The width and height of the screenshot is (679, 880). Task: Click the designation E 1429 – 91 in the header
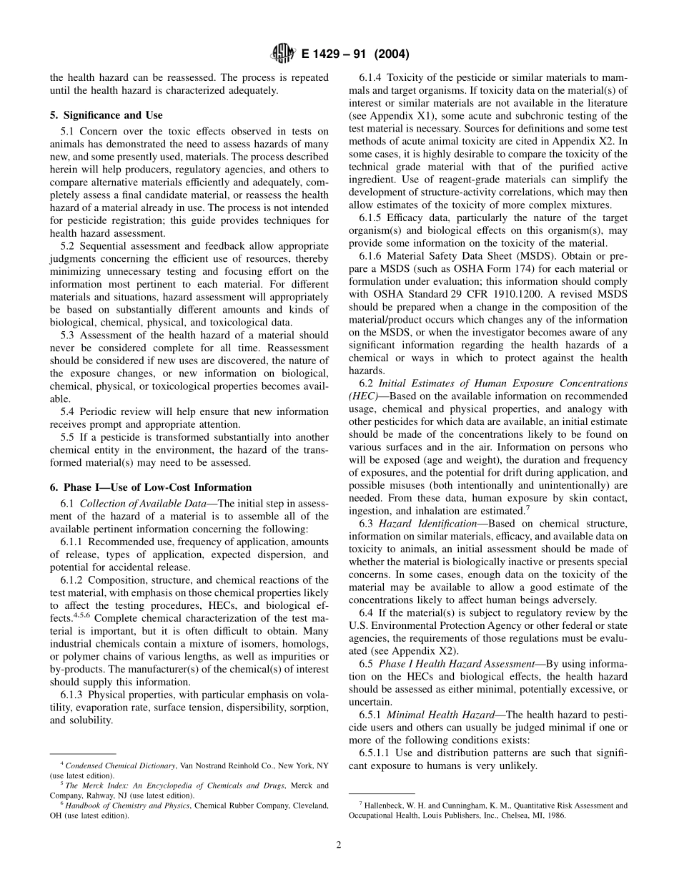pyautogui.click(x=335, y=54)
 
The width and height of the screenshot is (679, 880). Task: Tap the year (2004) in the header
pyautogui.click(x=390, y=54)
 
